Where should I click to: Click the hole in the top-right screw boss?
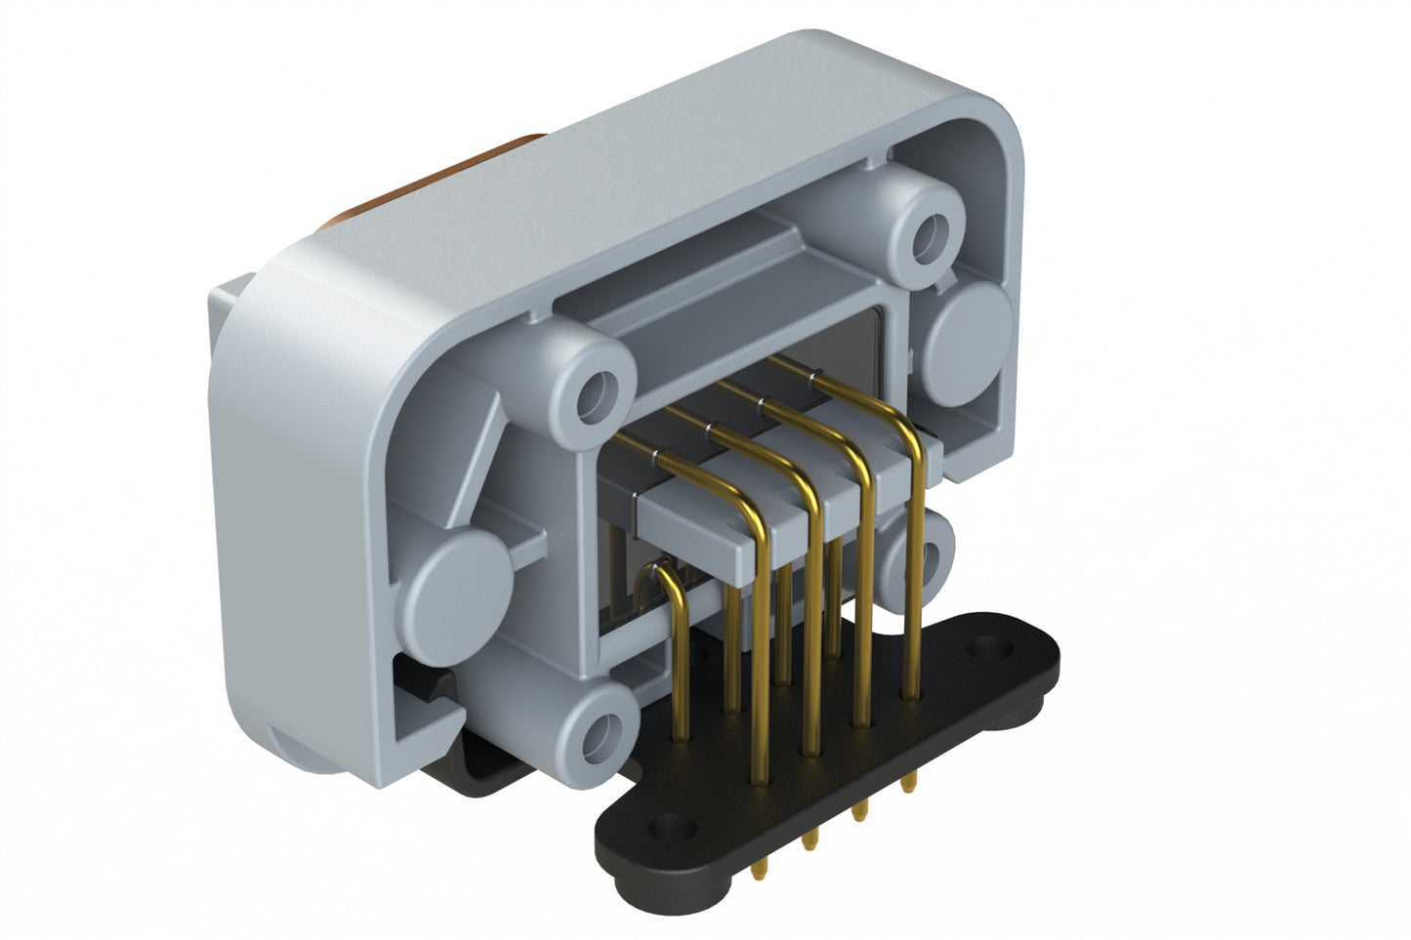click(926, 233)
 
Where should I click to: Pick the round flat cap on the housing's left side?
click(458, 583)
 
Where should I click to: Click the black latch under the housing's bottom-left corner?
click(430, 683)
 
